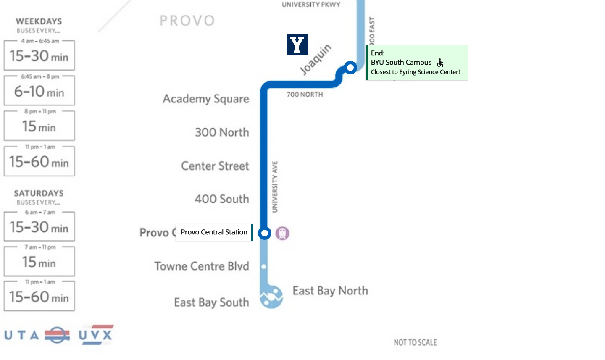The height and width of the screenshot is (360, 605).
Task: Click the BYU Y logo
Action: pos(297,45)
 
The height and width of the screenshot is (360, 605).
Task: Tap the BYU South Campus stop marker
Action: pos(350,67)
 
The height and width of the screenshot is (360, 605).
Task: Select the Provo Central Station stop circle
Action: pos(264,233)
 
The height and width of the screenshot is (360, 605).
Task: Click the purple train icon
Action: pos(282,233)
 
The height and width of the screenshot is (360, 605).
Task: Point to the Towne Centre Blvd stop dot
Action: pos(264,266)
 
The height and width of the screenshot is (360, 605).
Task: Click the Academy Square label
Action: pos(206,99)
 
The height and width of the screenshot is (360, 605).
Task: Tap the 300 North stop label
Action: pos(222,132)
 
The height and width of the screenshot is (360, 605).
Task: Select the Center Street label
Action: pos(215,166)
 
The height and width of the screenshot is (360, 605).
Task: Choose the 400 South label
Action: pos(222,199)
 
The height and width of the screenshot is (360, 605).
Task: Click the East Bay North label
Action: pos(330,291)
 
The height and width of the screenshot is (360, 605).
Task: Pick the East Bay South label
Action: pos(211,302)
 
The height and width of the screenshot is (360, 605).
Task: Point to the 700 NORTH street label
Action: pos(305,95)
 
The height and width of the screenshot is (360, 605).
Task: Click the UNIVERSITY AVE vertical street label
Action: pos(275,187)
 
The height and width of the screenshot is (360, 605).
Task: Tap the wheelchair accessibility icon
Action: pos(440,63)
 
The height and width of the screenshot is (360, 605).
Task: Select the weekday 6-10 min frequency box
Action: pos(39,91)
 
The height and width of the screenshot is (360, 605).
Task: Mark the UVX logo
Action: pos(96,335)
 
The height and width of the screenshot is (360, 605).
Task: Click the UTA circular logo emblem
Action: pos(57,335)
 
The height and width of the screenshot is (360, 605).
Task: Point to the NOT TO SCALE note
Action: pos(415,342)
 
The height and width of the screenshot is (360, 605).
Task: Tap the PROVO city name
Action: pos(187,21)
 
